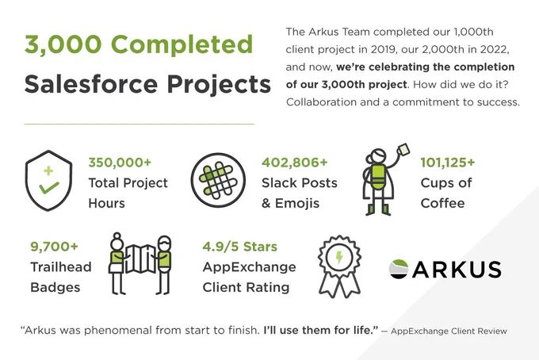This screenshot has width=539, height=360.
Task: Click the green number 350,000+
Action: point(120,163)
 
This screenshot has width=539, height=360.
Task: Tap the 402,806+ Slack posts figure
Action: point(295,163)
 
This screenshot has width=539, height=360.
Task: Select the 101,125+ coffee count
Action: point(448,163)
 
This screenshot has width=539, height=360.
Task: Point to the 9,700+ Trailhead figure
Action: point(55,247)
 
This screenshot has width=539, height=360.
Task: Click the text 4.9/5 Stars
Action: point(240,247)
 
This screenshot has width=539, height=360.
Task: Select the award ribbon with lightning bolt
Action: point(339,266)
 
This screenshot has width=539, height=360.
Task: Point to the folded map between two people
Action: point(141,259)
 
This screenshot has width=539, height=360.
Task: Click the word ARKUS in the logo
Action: point(457,270)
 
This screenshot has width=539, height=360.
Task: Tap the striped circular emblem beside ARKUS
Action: point(399,269)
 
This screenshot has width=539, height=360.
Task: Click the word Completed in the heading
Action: point(182,45)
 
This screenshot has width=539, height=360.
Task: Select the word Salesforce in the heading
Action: point(91,84)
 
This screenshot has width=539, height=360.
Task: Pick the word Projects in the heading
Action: point(219,85)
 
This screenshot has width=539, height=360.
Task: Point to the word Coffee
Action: point(443,203)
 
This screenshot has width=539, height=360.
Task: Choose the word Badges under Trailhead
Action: point(55,288)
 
